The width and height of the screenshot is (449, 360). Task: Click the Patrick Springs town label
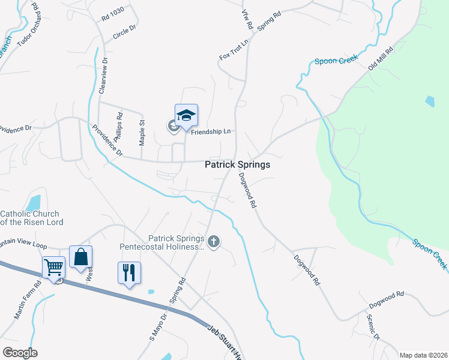point(237,164)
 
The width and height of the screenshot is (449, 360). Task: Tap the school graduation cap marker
point(186,115)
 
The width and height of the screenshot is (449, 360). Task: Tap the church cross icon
point(214,242)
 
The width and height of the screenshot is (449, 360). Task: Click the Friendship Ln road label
point(211,131)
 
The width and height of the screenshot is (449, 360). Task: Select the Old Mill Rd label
point(381,58)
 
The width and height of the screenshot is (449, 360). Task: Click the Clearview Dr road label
point(102,75)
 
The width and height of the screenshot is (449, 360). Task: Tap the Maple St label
point(142,132)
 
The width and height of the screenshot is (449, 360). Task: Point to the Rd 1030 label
point(112,14)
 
